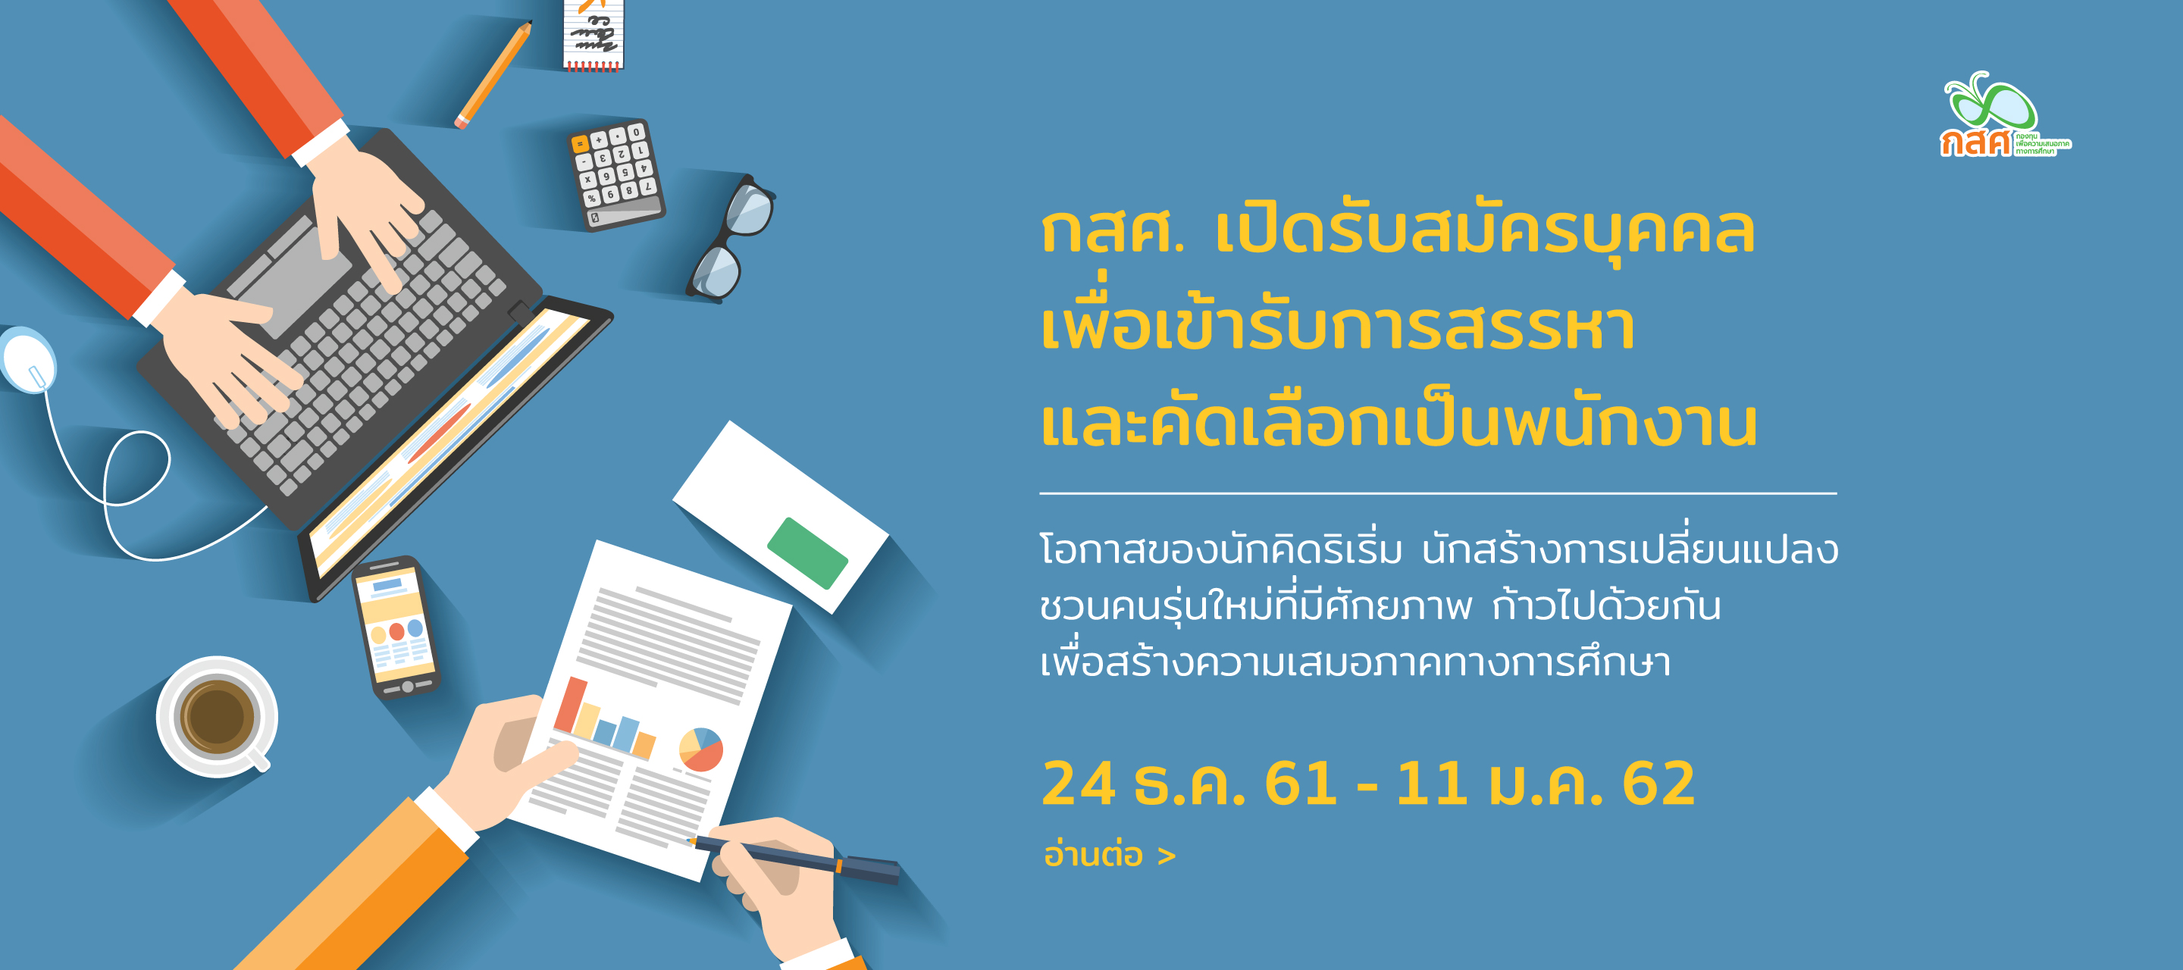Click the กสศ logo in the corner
coord(2004,115)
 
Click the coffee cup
coord(217,717)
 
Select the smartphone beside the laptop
coord(396,626)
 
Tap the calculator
coord(616,174)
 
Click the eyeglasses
coord(731,239)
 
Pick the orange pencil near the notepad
coord(493,75)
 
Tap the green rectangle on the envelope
coord(806,552)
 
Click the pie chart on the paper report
coord(701,749)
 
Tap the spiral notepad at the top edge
coord(594,34)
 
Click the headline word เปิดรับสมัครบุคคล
coord(1485,231)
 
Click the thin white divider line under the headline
coord(1438,493)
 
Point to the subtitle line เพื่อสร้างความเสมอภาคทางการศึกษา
coord(1355,661)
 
